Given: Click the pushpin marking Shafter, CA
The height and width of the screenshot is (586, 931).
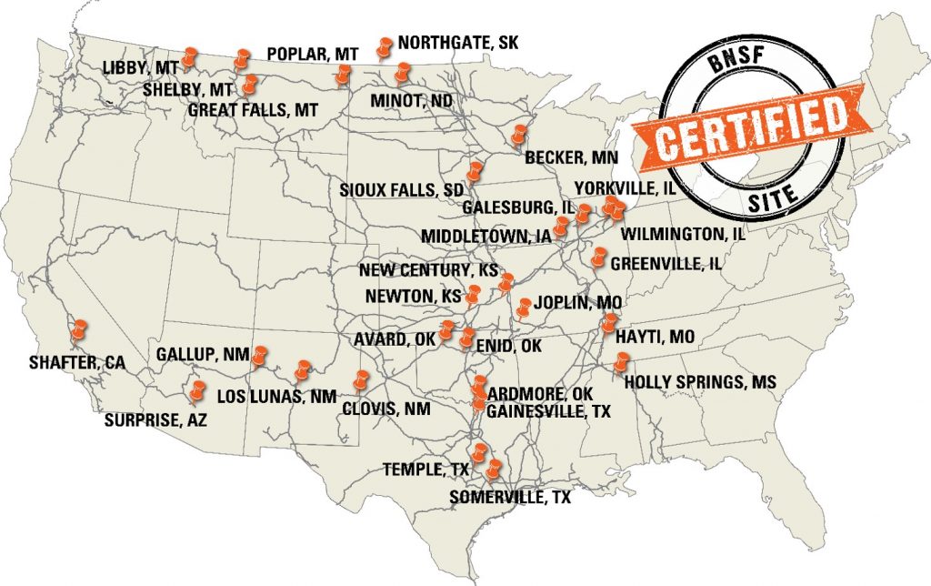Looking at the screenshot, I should tap(80, 328).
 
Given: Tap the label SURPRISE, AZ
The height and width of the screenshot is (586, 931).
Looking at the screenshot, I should tap(155, 420).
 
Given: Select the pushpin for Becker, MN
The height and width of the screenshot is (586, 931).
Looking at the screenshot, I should tap(519, 135).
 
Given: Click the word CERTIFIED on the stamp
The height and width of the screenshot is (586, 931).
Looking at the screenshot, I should tap(747, 125).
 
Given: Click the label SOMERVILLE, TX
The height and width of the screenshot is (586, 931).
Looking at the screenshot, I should tap(510, 497).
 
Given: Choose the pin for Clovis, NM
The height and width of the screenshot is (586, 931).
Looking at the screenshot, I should tap(361, 380).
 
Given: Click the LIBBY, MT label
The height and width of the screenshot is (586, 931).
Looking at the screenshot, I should tap(140, 68).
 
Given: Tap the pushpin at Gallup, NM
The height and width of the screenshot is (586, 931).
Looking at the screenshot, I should tap(261, 353).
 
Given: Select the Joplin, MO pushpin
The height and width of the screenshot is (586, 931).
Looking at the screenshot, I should tap(525, 308).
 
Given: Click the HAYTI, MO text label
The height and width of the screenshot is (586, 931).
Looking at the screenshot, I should tap(655, 338).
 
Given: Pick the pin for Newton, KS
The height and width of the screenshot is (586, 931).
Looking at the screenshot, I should tap(473, 293).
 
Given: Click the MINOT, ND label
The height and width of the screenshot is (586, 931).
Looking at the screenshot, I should tap(411, 100).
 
